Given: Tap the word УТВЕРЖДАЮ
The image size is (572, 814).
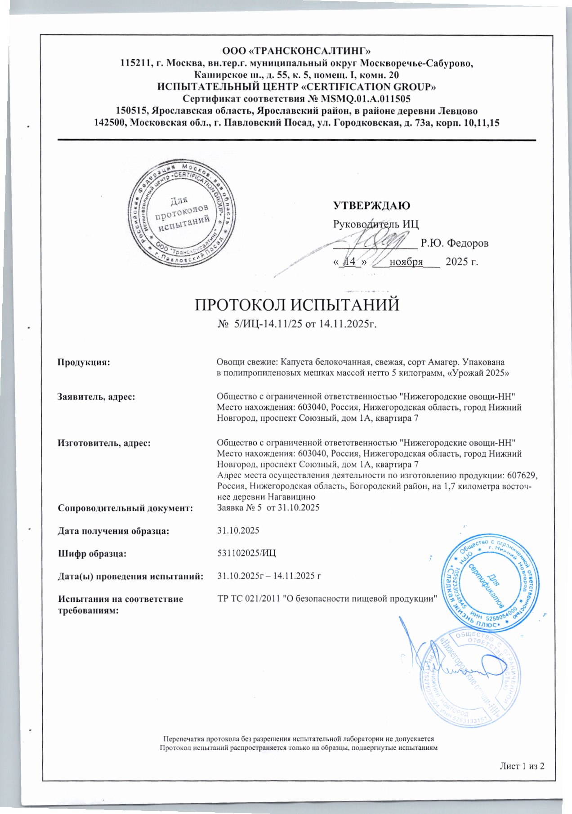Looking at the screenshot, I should [x=371, y=206].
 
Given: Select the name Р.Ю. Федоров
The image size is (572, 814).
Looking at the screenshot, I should [x=454, y=244].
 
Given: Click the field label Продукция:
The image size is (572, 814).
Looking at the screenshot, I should [x=84, y=362].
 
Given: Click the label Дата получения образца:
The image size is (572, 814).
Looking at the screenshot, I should [x=113, y=531].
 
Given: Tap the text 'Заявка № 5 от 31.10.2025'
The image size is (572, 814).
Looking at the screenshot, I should [x=268, y=508].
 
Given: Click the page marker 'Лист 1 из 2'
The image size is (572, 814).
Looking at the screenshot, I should [x=522, y=766].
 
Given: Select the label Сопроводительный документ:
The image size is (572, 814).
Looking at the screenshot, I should [x=125, y=508].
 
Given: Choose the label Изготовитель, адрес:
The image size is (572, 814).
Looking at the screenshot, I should [x=103, y=443].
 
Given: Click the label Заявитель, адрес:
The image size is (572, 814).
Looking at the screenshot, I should [x=97, y=396].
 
